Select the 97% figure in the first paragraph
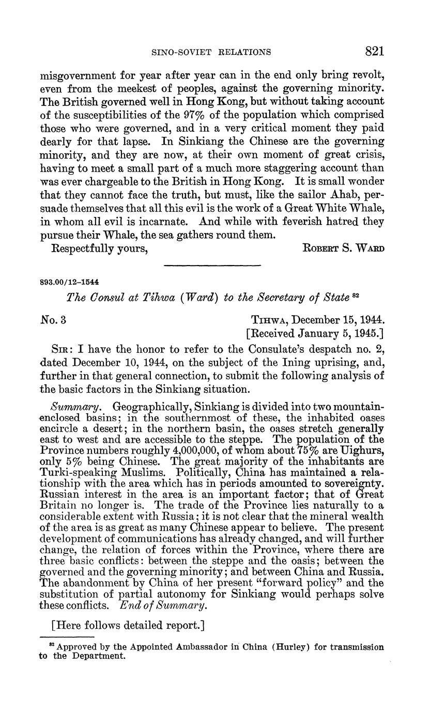click(x=196, y=114)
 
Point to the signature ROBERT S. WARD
click(x=343, y=249)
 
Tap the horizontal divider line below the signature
click(x=211, y=266)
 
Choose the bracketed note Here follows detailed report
click(x=128, y=625)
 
